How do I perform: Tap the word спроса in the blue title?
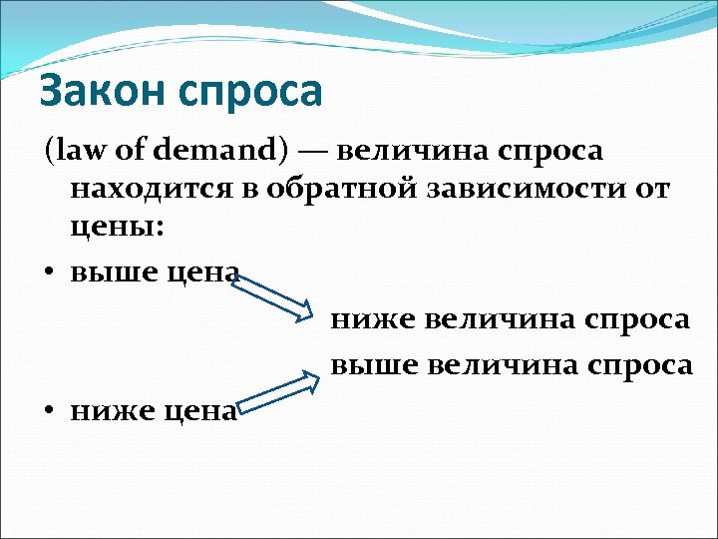[x=253, y=94]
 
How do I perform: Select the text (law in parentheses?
[x=70, y=151]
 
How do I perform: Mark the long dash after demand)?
[x=311, y=152]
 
